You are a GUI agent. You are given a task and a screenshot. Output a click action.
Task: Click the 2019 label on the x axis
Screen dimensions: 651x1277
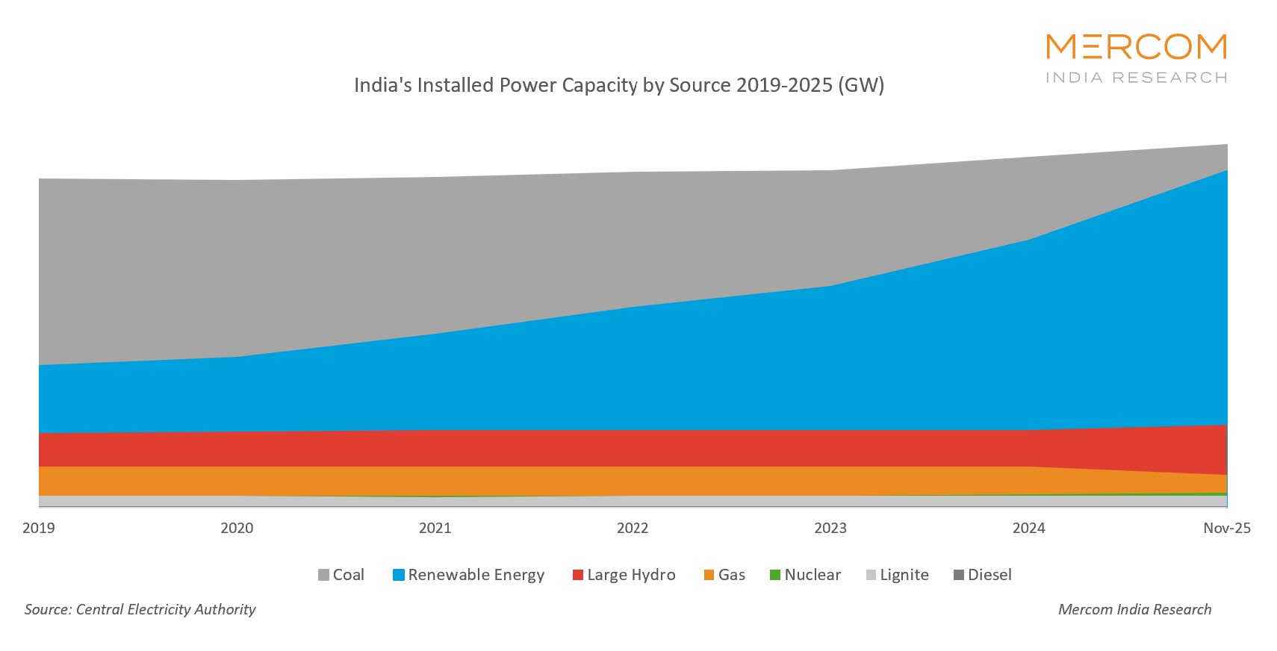[x=39, y=528]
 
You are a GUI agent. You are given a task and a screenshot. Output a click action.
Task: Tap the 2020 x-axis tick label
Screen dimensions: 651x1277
[x=237, y=528]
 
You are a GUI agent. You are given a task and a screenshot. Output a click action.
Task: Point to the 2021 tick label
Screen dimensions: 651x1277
[x=435, y=528]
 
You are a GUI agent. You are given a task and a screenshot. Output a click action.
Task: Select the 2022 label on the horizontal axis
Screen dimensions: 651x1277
[x=633, y=528]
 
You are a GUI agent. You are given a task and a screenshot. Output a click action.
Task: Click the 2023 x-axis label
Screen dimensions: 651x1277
[x=830, y=528]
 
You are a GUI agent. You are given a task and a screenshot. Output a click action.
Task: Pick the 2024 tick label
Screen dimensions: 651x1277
[x=1028, y=528]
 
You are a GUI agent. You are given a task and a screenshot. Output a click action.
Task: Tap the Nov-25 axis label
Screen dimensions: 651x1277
[x=1226, y=528]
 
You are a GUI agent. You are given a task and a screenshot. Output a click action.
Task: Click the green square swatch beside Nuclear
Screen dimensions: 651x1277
[x=775, y=575]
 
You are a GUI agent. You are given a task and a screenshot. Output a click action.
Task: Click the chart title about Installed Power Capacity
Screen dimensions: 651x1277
[x=618, y=85]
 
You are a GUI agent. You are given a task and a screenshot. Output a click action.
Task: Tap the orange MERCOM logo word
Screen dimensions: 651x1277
[x=1136, y=47]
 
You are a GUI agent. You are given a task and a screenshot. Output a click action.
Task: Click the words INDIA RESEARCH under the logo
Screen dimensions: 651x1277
[x=1136, y=78]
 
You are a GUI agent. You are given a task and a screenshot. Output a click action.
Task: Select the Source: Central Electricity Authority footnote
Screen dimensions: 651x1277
[x=140, y=609]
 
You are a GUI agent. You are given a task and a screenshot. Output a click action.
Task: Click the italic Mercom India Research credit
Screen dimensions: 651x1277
[x=1134, y=609]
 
